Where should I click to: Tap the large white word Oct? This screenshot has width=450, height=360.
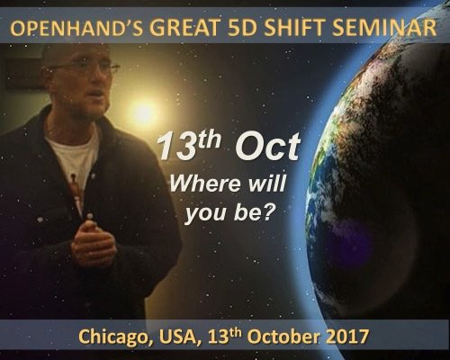tap(267, 147)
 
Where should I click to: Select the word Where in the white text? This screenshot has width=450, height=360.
tap(205, 184)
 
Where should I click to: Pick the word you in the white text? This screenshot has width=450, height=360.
tap(205, 213)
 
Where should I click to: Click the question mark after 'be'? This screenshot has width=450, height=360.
tap(268, 211)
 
